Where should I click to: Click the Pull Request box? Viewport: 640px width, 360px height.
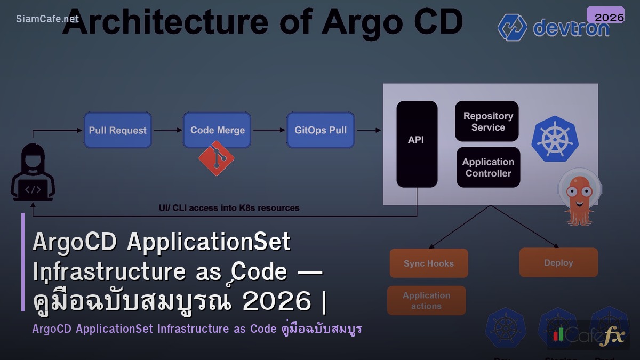point(117,130)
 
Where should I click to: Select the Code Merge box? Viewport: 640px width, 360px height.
point(217,130)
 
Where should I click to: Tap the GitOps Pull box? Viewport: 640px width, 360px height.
point(321,130)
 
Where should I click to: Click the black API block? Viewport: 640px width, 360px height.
point(417,144)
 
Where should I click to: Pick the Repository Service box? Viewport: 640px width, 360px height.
point(487,122)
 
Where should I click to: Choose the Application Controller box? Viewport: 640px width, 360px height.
point(488,167)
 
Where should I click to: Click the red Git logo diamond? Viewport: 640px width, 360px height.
point(216,158)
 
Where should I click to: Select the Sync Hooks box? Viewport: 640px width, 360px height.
point(428,263)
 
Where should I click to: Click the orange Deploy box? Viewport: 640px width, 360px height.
point(558,262)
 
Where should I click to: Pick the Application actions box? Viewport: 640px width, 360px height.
point(426,301)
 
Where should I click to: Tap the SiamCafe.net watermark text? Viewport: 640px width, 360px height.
point(47,19)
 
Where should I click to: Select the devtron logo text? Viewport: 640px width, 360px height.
point(571,28)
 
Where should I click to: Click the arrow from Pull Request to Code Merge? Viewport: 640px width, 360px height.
point(167,130)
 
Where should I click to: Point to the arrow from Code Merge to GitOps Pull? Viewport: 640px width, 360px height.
point(269,130)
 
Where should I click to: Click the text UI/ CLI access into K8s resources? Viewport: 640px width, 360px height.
point(229,208)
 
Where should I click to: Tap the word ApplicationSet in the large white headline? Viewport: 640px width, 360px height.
point(209,242)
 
